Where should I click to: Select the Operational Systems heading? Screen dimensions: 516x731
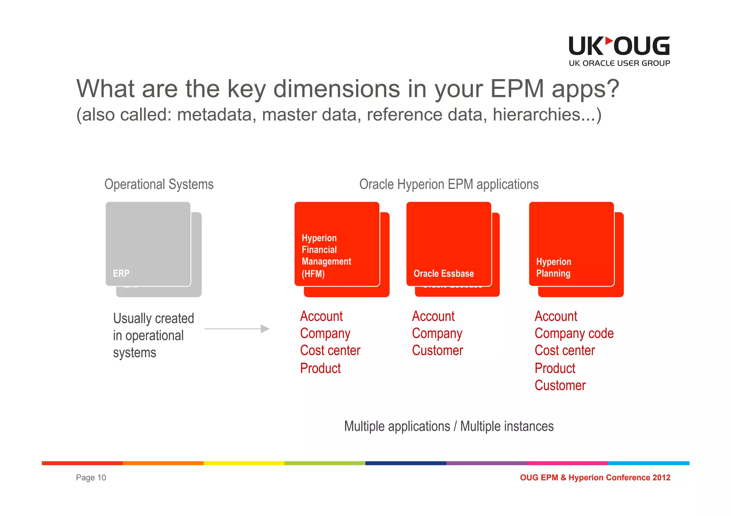[159, 184]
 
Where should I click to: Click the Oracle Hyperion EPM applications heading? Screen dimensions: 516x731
[449, 184]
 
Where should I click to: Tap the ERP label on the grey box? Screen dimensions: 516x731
[121, 274]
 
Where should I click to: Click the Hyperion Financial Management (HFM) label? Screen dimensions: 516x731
[326, 256]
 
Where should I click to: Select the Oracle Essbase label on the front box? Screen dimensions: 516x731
[443, 274]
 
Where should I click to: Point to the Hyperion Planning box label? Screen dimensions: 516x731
[553, 267]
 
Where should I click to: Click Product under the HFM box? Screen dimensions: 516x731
[320, 368]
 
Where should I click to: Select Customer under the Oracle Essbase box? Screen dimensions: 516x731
[437, 351]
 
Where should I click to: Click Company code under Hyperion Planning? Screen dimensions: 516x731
[574, 333]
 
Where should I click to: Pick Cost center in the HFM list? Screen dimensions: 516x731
[330, 351]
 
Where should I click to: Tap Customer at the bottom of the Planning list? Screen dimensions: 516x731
[560, 385]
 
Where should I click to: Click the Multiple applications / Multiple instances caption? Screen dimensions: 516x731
[449, 426]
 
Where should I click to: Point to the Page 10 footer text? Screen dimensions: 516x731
[91, 477]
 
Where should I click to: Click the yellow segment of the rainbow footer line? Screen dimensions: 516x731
[244, 463]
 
